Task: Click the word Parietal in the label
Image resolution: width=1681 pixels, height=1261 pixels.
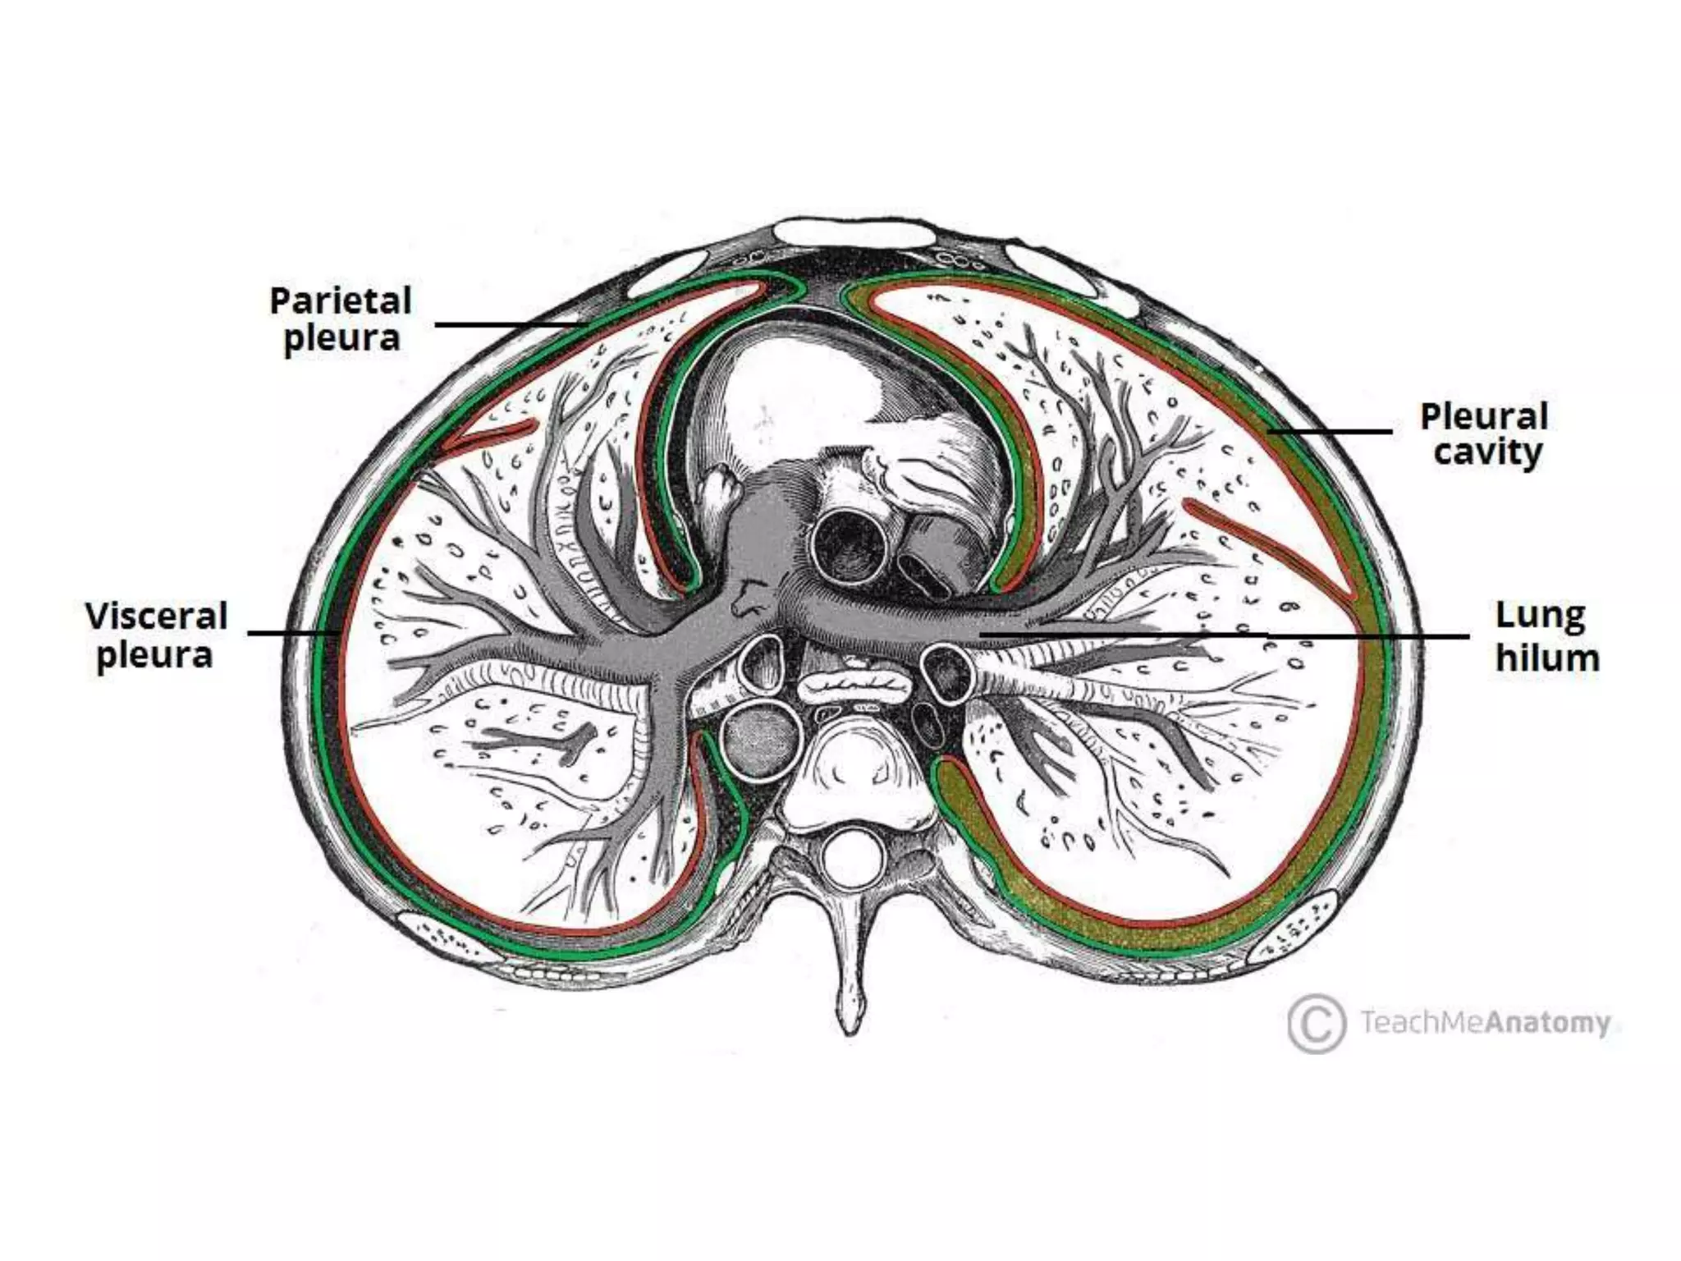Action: (340, 300)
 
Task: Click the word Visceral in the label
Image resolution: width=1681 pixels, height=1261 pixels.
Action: (156, 616)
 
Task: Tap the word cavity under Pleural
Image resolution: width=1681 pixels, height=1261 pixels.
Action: (1488, 453)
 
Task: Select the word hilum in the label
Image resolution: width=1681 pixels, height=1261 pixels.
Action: (1547, 658)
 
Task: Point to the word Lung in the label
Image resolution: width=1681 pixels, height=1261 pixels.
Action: (1540, 616)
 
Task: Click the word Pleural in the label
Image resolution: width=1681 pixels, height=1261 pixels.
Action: (1484, 415)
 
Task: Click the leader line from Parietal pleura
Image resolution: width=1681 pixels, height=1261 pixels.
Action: (509, 325)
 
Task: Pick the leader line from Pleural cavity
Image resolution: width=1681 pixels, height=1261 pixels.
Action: (1330, 431)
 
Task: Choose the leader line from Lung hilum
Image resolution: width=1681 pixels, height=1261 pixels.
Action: (1231, 635)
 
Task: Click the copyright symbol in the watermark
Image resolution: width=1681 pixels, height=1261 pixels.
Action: (1316, 1023)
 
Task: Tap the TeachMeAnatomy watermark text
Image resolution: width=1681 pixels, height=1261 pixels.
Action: (1486, 1023)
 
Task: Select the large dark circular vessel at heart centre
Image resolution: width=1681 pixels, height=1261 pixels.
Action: (849, 542)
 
